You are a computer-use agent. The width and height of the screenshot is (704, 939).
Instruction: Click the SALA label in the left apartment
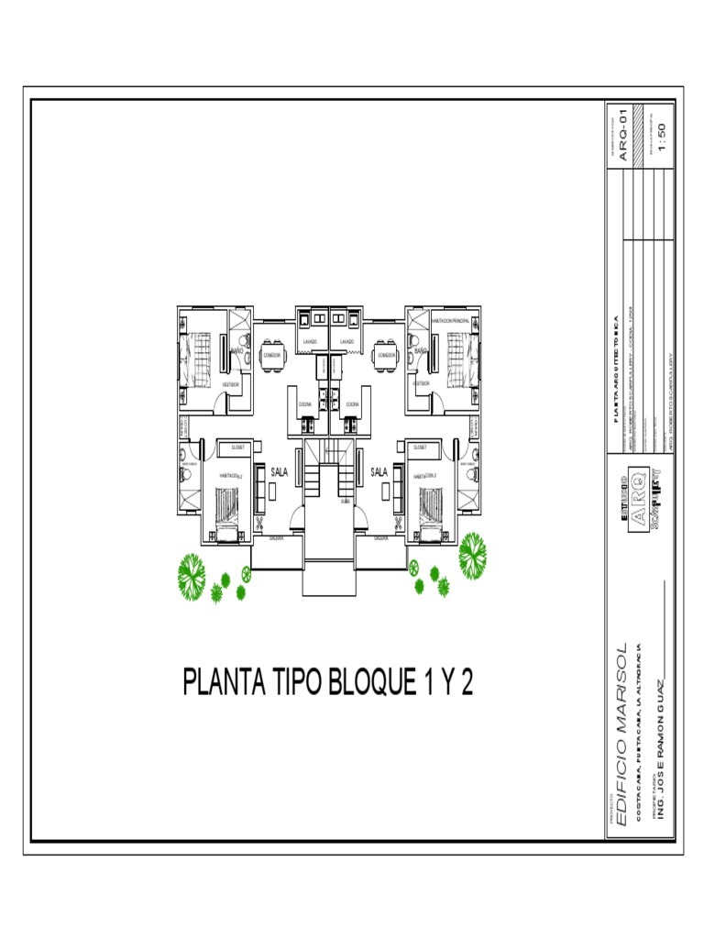tap(280, 472)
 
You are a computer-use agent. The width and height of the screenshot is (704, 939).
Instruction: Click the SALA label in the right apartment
tap(379, 472)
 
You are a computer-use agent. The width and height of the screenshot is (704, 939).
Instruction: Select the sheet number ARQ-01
tap(623, 138)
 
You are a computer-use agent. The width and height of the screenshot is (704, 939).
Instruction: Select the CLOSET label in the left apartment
tap(237, 447)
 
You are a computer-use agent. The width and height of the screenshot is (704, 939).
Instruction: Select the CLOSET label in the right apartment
tap(420, 447)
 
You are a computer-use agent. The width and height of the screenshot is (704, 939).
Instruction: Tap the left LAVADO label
tap(310, 342)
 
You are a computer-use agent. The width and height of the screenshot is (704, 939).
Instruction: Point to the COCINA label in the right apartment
tap(352, 403)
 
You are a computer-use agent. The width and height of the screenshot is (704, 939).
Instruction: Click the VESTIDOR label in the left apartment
tap(231, 385)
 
